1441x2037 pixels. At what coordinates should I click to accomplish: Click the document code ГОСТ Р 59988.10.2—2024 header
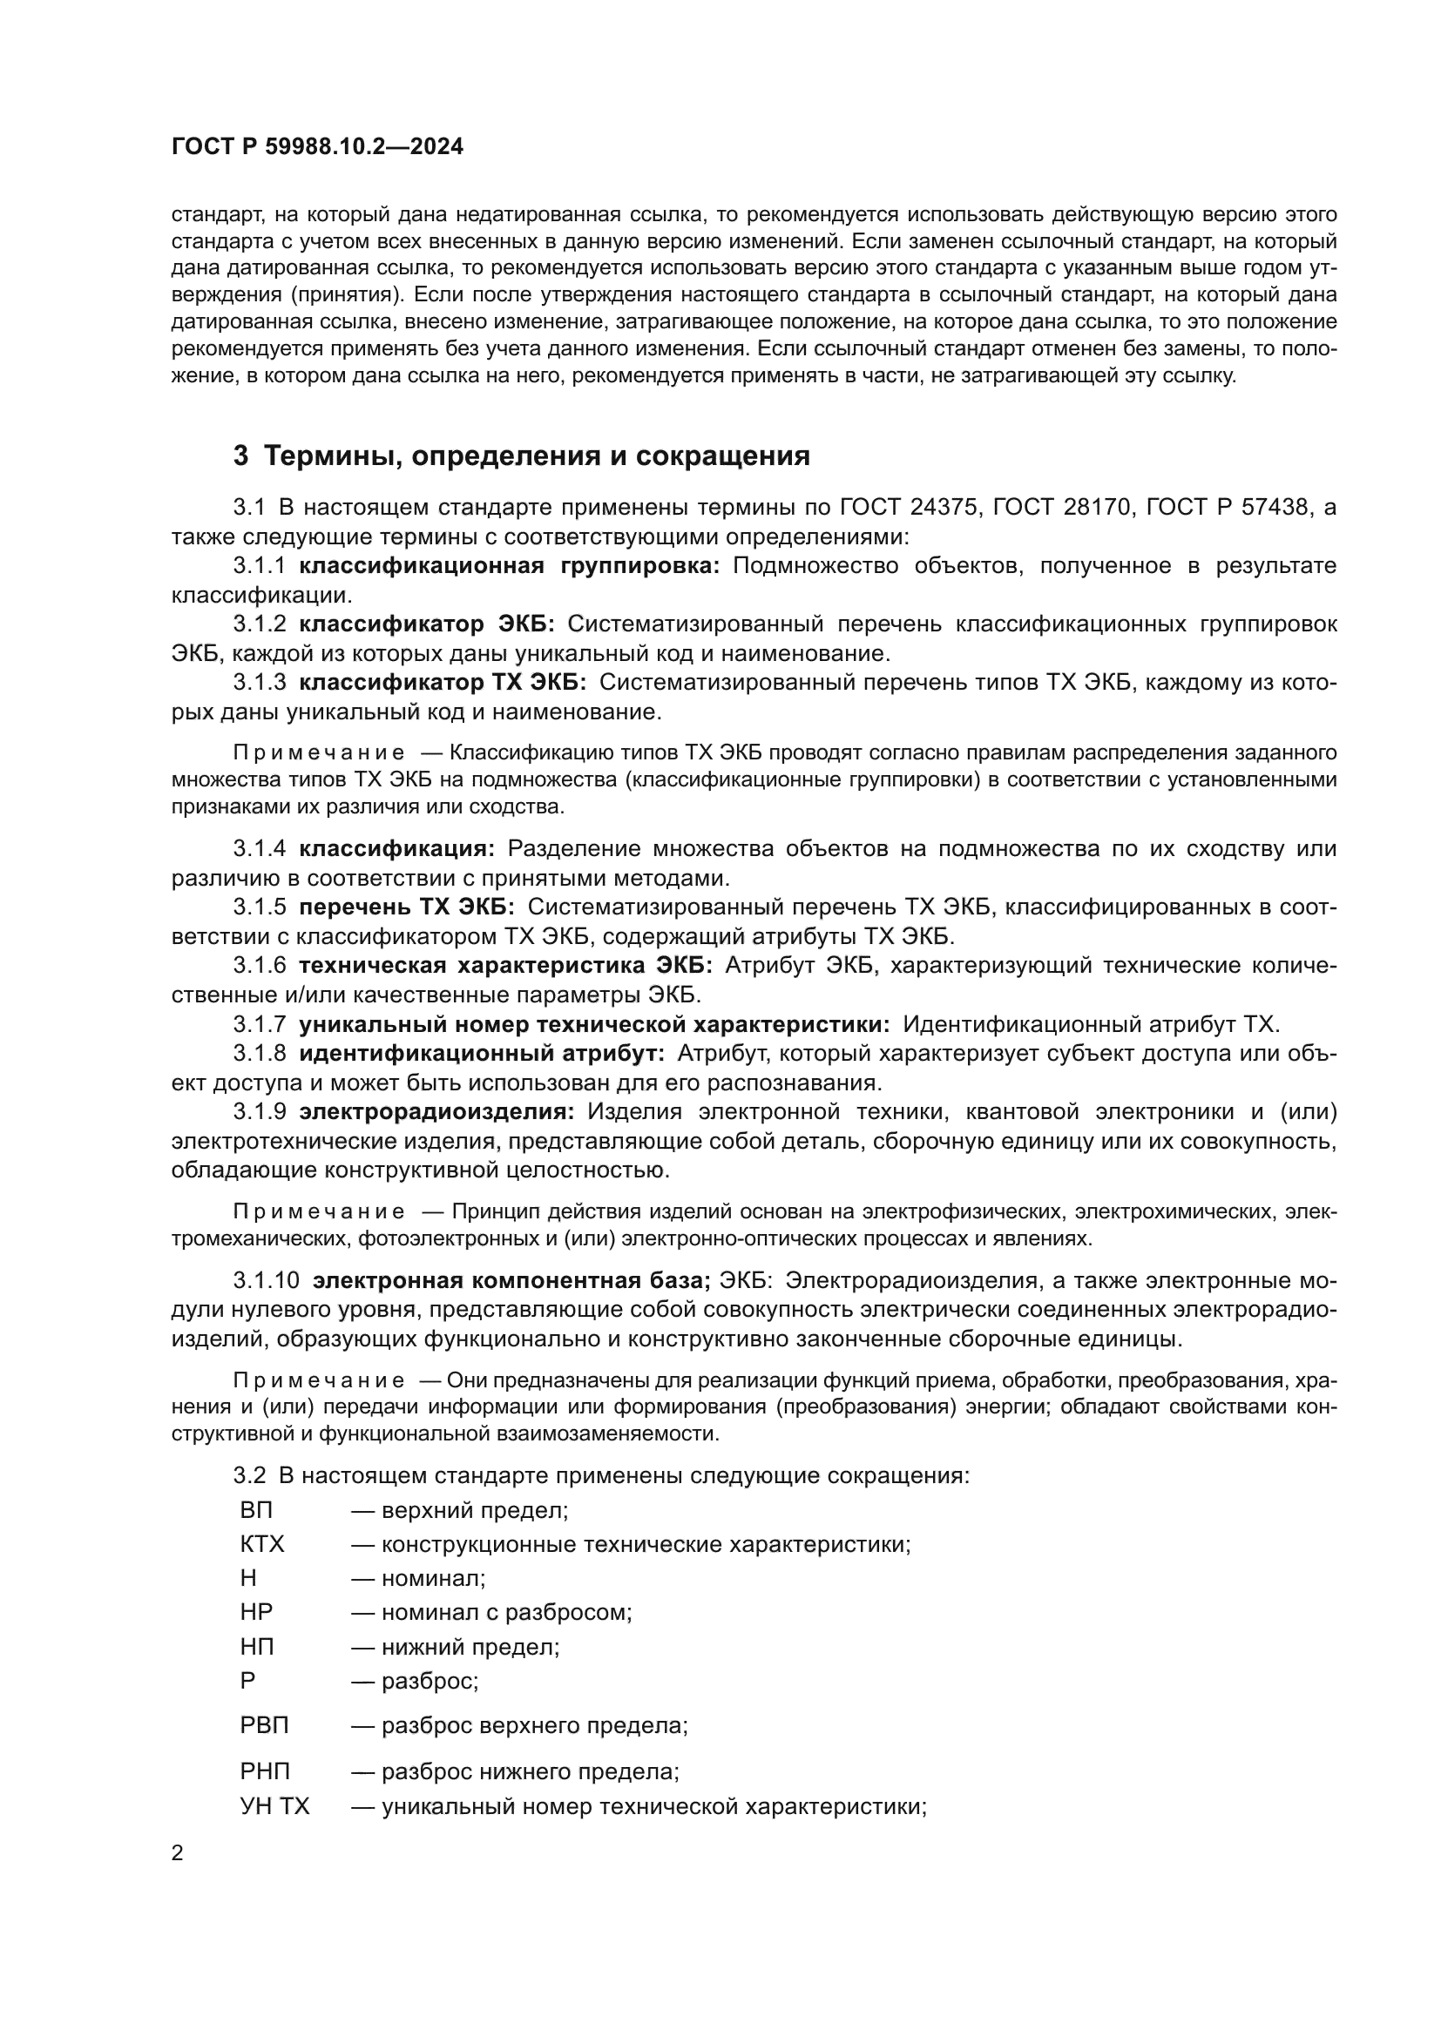317,146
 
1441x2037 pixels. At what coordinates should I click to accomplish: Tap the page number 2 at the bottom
178,1853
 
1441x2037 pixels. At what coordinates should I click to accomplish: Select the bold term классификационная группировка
510,566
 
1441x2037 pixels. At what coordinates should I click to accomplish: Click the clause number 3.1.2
259,624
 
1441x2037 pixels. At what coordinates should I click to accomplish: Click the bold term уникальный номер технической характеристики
593,1025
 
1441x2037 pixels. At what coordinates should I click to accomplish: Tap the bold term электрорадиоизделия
436,1111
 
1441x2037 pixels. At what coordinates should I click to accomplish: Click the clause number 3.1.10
267,1281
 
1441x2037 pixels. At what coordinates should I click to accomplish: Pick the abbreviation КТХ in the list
261,1545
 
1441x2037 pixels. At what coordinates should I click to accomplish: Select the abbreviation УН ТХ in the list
275,1807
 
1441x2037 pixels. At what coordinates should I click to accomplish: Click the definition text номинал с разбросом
506,1612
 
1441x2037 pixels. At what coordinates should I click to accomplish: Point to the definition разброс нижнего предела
530,1771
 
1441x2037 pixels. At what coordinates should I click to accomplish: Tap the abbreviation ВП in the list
256,1510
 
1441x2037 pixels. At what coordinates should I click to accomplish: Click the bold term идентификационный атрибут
481,1054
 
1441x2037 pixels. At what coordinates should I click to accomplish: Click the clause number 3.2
249,1476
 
